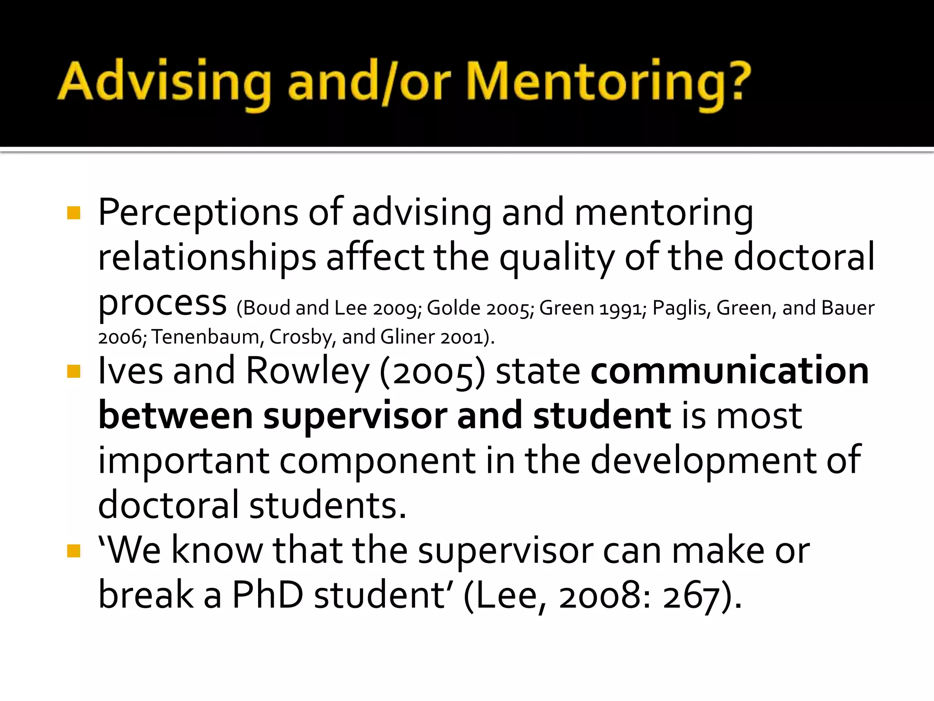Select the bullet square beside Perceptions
tap(73, 213)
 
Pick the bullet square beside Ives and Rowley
tap(73, 371)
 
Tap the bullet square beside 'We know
tap(73, 551)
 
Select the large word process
tap(162, 303)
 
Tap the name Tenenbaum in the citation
tap(205, 337)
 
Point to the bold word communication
tap(730, 371)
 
